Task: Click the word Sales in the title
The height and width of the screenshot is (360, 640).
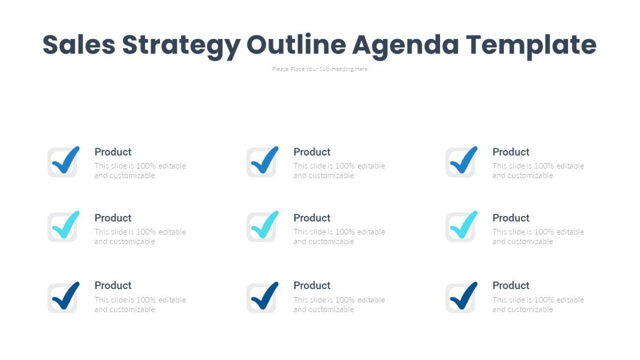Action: pyautogui.click(x=79, y=45)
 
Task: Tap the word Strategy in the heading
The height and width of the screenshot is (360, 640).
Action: pyautogui.click(x=181, y=46)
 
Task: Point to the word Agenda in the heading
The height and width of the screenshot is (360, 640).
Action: pyautogui.click(x=405, y=46)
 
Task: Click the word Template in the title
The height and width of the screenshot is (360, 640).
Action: pyautogui.click(x=531, y=46)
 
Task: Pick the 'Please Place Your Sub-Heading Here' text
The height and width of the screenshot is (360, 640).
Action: pyautogui.click(x=319, y=69)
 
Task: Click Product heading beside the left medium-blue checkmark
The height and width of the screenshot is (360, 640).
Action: pyautogui.click(x=113, y=152)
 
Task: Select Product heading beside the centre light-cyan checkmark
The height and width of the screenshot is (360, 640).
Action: pyautogui.click(x=312, y=218)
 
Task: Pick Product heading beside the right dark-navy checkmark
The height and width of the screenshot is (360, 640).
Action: pyautogui.click(x=511, y=285)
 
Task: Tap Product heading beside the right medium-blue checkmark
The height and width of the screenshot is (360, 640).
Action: pyautogui.click(x=511, y=152)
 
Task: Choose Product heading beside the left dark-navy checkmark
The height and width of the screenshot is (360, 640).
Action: pyautogui.click(x=113, y=285)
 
